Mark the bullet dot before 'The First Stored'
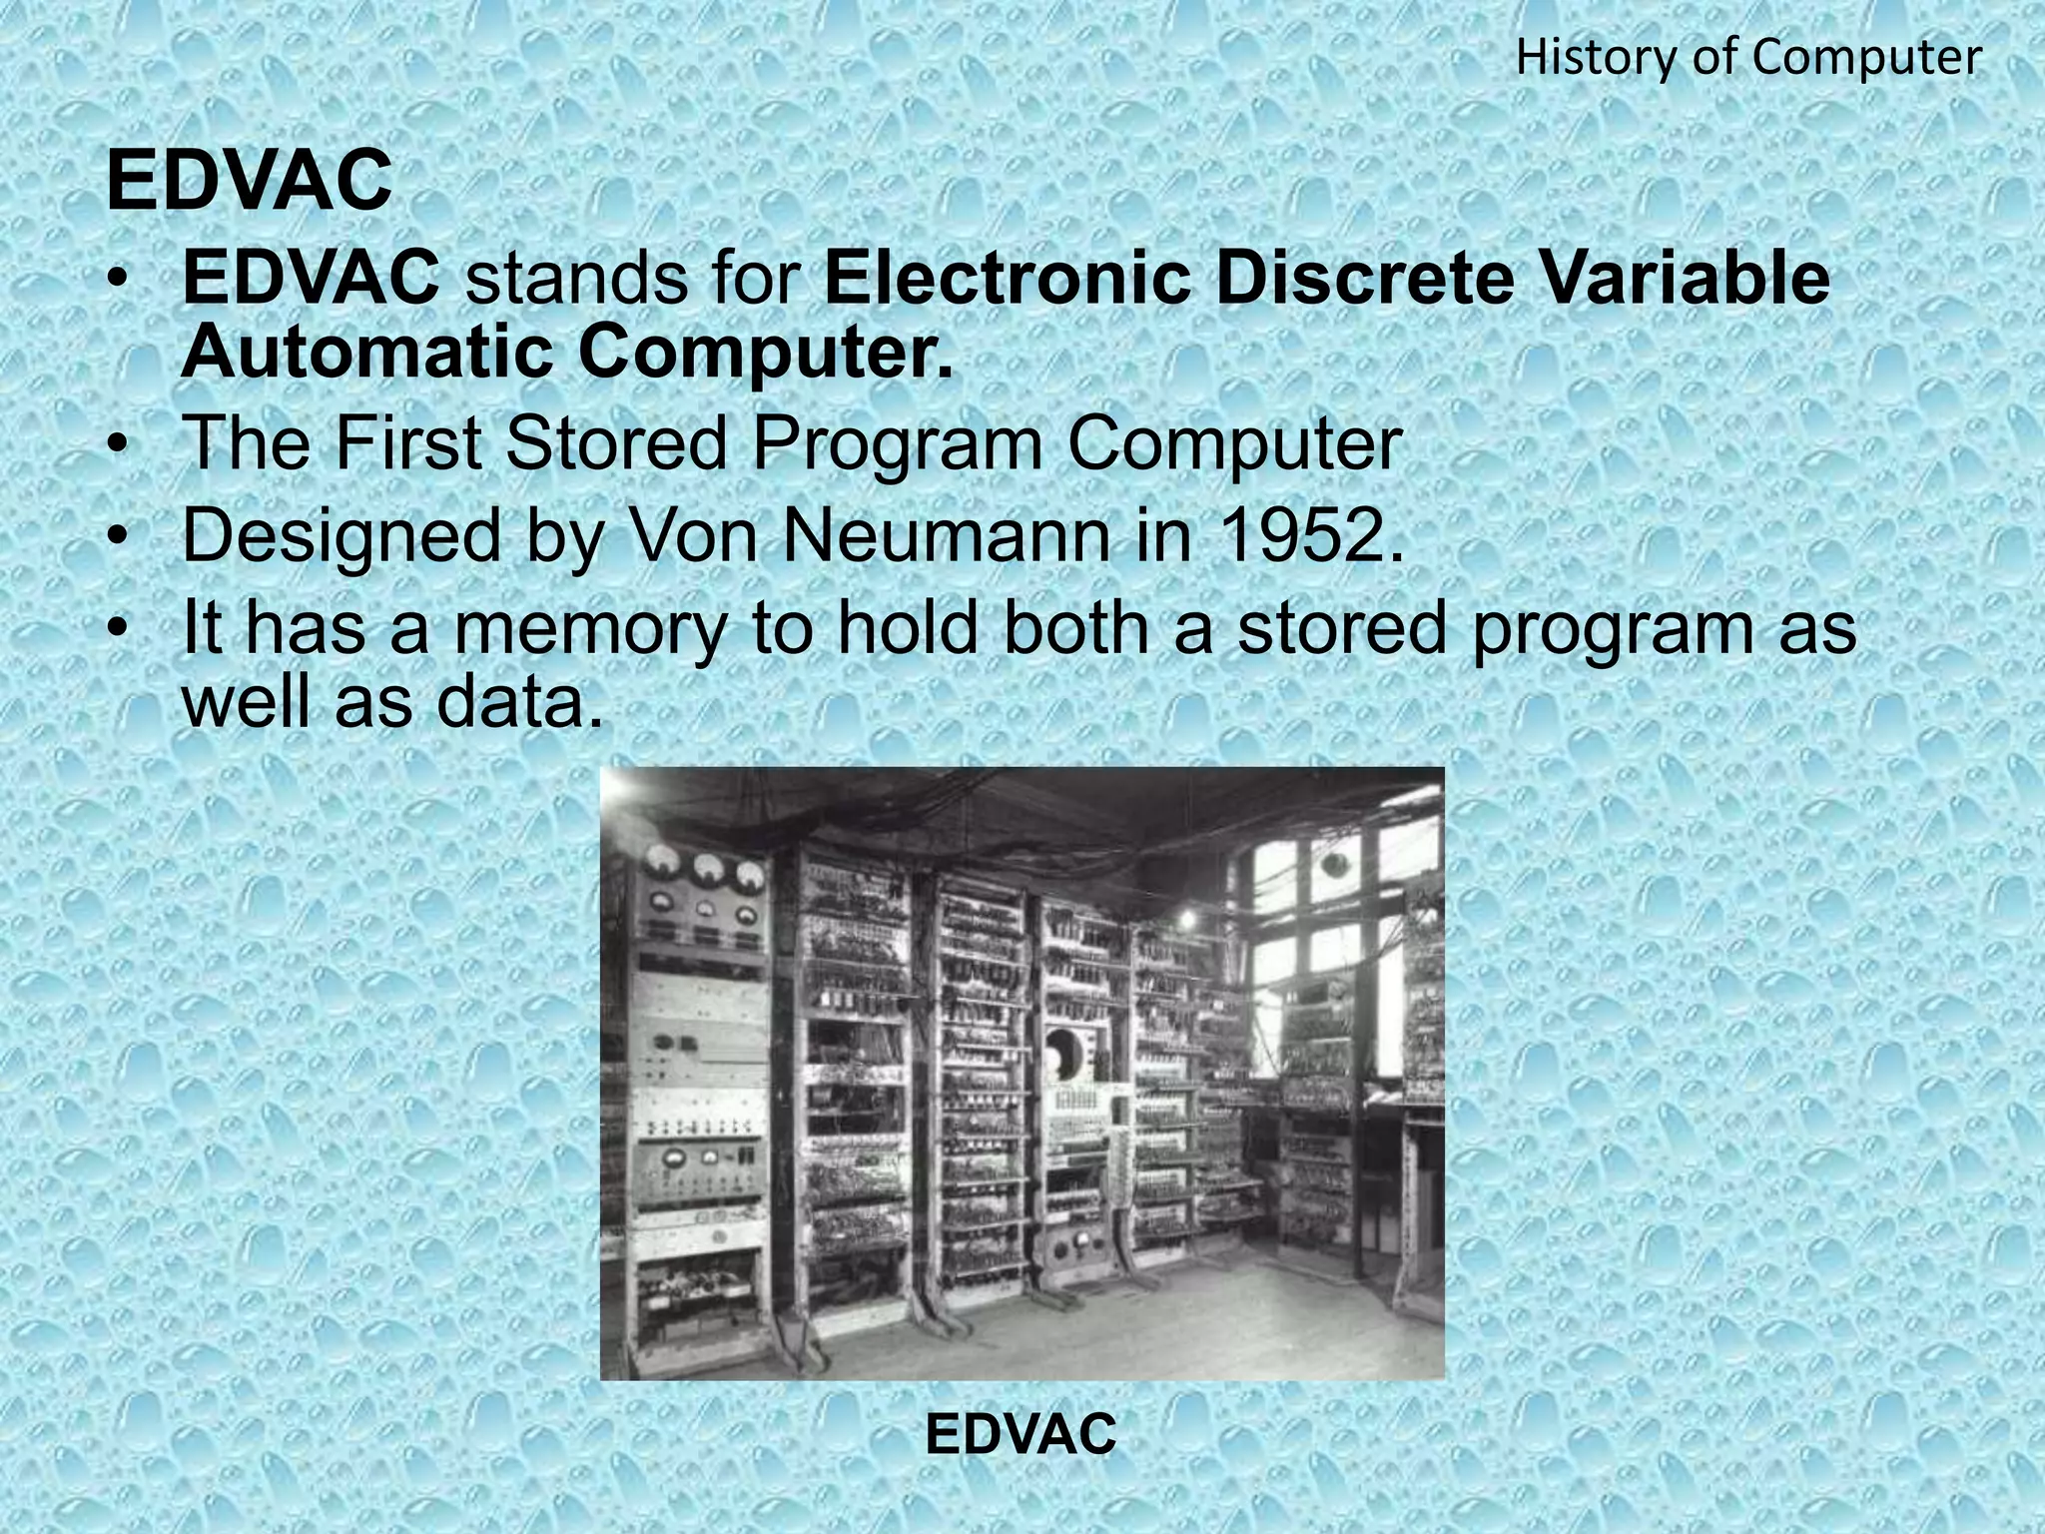tap(119, 445)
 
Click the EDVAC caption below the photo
tap(1021, 1435)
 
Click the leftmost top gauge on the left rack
tap(661, 860)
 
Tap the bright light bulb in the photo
tap(1188, 916)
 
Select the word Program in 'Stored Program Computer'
tap(898, 444)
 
